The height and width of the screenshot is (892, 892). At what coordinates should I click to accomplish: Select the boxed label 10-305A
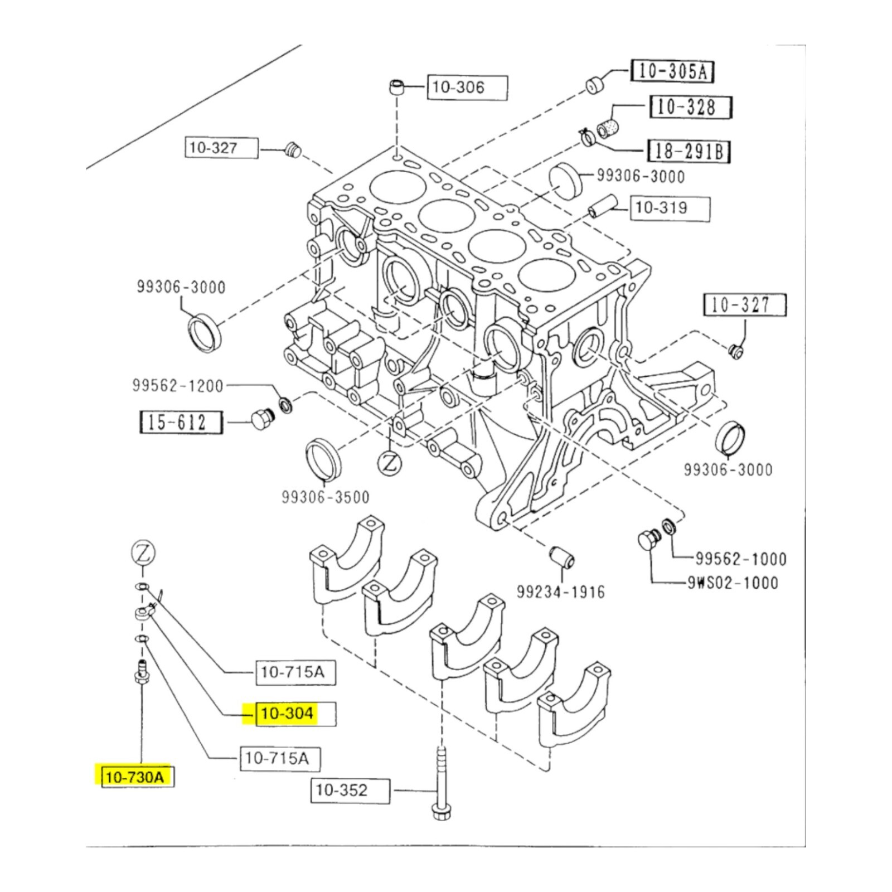click(672, 71)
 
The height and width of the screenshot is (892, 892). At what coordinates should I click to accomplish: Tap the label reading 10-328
click(691, 106)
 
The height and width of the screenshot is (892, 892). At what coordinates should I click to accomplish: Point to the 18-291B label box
click(690, 151)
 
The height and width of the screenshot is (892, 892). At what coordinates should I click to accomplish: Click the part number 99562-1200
click(178, 386)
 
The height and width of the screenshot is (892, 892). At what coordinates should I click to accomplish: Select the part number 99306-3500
click(326, 497)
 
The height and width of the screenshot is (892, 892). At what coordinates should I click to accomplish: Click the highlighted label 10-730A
click(135, 777)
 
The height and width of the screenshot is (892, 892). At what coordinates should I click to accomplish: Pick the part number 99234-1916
click(561, 592)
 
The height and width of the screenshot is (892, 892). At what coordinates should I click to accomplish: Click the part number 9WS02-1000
click(733, 583)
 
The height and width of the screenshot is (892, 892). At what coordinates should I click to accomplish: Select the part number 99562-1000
click(741, 559)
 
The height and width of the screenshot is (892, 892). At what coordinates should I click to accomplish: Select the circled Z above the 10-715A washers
click(143, 555)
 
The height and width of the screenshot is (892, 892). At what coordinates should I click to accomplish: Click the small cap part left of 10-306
click(396, 88)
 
